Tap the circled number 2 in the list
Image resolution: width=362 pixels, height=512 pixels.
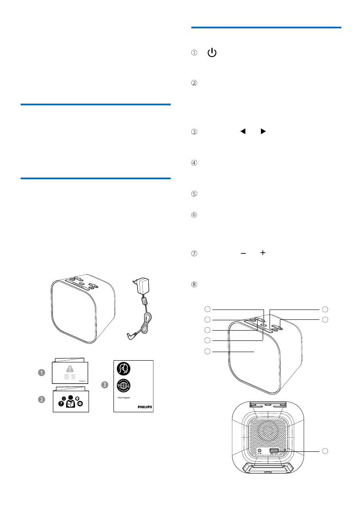[x=194, y=83]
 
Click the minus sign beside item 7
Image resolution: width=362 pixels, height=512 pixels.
[x=243, y=254]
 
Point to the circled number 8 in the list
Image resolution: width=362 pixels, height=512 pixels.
[x=194, y=284]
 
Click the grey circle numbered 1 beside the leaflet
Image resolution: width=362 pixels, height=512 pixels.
[x=41, y=373]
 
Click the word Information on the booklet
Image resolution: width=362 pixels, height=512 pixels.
[x=124, y=398]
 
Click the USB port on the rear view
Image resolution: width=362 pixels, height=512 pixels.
[x=274, y=451]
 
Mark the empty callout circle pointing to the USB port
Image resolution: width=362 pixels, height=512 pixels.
[x=325, y=451]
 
